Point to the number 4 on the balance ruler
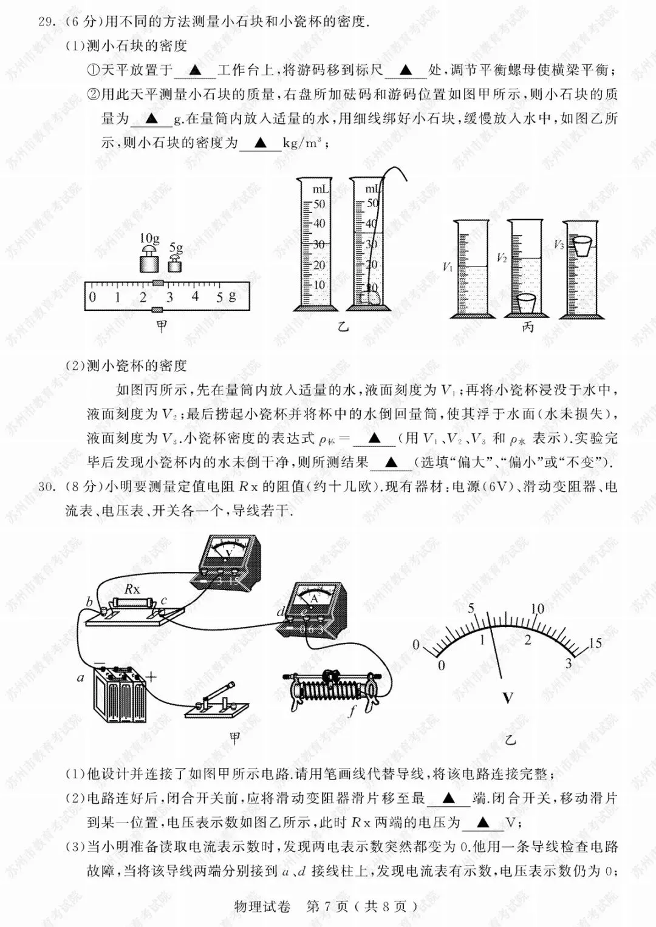tap(195, 296)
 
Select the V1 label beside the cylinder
tap(447, 267)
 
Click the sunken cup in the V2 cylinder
tap(527, 302)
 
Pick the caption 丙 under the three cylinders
tap(528, 327)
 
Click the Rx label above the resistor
tap(132, 588)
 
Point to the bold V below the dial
tap(508, 698)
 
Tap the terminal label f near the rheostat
tap(351, 711)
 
